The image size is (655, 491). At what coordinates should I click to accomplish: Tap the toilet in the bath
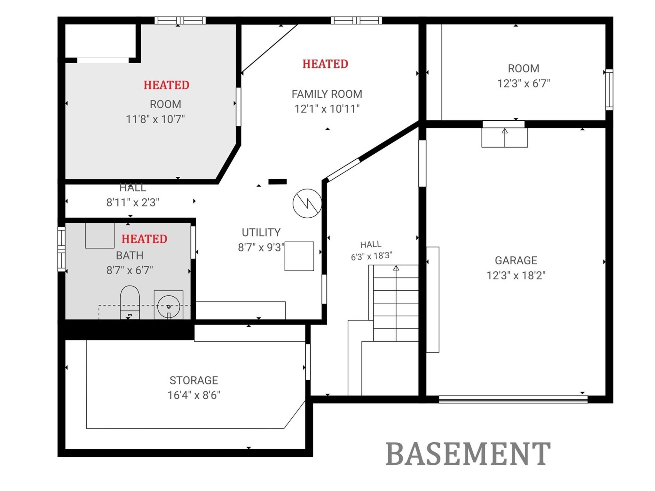coord(130,302)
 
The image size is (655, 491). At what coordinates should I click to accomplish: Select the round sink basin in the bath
coord(169,306)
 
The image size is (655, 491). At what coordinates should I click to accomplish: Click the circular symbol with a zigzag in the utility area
coord(307,203)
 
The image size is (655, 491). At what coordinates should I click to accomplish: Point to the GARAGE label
coord(516,261)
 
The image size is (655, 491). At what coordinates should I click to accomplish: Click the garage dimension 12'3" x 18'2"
coord(516,275)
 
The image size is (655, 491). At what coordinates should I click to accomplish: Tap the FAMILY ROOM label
coord(327,94)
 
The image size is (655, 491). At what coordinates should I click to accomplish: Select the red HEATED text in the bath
coord(144,239)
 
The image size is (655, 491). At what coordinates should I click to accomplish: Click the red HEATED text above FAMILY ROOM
coord(325,64)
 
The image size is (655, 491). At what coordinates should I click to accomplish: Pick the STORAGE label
coord(194,380)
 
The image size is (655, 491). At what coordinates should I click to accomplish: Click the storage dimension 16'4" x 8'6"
coord(194,395)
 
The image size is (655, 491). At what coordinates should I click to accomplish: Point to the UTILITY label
coord(261,232)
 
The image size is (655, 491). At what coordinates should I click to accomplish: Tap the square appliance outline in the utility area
coord(299,256)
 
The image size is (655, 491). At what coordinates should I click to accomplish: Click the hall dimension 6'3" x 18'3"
coord(371,256)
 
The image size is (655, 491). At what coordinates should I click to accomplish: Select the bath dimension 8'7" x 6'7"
coord(130,270)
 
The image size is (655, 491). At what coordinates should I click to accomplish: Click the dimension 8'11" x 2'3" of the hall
coord(133,203)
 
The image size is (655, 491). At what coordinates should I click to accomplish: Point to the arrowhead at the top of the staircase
coord(396,268)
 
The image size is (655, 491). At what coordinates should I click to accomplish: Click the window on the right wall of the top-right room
coord(609,90)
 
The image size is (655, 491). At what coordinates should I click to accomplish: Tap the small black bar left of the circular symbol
coord(277,182)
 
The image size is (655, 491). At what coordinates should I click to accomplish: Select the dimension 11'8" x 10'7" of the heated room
coord(155,119)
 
